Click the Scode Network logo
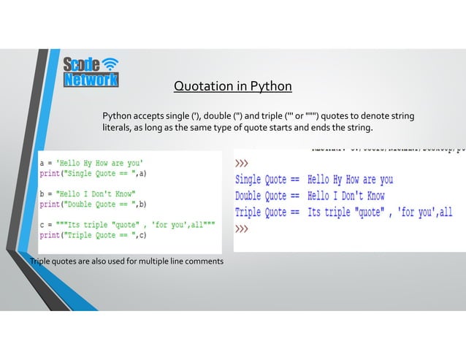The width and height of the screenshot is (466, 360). coord(90,72)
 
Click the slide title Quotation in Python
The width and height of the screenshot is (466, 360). coord(232,87)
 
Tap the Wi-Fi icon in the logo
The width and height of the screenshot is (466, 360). coord(110,63)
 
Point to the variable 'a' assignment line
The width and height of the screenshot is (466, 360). coord(91,163)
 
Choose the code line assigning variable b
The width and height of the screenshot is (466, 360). coord(87,194)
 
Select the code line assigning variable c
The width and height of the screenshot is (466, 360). coord(127,226)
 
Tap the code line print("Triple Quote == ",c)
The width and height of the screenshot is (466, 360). coord(93,235)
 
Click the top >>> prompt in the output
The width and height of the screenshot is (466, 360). coord(242,163)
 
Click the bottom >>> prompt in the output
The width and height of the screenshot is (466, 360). coord(242,229)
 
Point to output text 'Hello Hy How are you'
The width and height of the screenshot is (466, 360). coord(350,179)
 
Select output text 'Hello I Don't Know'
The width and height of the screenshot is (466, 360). coord(345,196)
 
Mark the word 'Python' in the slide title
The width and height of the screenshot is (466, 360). coord(271,87)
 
